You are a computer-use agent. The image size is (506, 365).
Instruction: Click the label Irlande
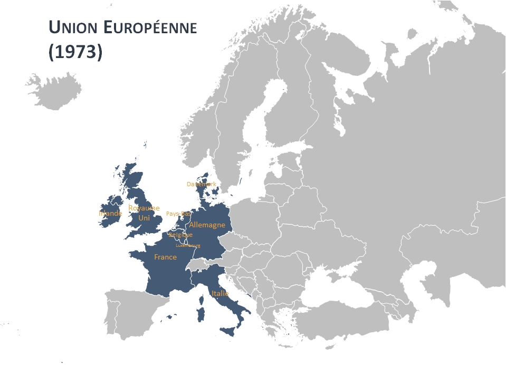coord(110,214)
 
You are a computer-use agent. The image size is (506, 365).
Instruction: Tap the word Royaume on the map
coord(144,208)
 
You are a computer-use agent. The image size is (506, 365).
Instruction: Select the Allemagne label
coord(207,225)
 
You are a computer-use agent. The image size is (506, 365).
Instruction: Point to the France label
coord(165,257)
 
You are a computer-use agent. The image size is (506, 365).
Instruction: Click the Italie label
coord(219,293)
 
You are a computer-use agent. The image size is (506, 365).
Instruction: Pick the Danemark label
coord(202,184)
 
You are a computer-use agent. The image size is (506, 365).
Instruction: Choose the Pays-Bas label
coord(178,214)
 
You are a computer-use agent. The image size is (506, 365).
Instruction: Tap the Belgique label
coord(180,235)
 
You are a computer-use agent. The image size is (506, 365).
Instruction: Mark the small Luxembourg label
coord(188,245)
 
